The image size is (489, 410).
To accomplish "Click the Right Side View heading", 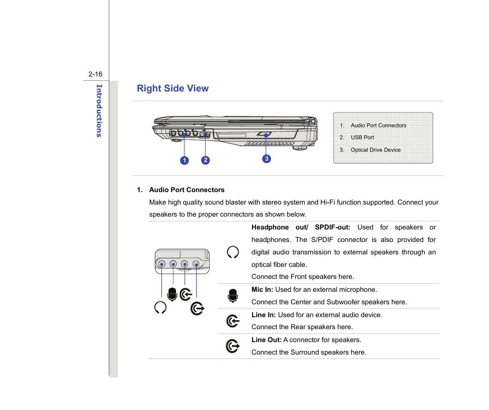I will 172,89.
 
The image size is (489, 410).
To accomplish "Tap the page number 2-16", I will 95,74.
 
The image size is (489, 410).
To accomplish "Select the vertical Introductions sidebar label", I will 99,110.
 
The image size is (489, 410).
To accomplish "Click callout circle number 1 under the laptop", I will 184,160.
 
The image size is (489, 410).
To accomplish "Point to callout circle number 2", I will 206,160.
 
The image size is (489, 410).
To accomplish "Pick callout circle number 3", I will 267,159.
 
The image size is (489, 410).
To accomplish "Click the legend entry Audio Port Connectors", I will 378,125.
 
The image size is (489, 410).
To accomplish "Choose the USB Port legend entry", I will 362,138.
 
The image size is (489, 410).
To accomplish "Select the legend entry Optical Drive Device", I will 375,150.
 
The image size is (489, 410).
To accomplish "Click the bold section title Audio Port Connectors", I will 187,190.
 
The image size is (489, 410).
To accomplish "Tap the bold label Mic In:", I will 262,290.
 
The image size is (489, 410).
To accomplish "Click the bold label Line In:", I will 264,315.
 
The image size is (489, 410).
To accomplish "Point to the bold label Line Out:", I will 266,340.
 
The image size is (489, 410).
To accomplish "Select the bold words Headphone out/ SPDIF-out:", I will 301,227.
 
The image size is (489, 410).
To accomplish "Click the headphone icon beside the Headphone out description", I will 233,252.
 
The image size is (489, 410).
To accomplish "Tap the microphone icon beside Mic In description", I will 233,296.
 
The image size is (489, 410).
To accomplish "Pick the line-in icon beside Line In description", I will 233,321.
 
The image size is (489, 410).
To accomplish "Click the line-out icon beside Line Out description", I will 233,346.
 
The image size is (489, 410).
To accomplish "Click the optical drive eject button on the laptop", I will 264,135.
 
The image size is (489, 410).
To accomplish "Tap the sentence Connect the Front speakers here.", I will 303,277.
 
